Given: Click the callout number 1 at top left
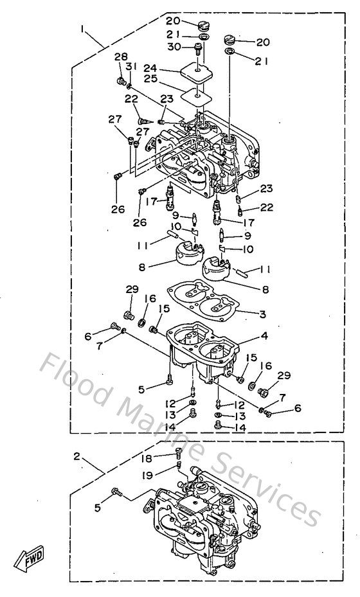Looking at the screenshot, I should (83, 28).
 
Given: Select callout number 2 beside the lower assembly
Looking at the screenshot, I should (76, 457).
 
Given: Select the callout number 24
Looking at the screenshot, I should (151, 68).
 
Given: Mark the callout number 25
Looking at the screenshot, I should (151, 80).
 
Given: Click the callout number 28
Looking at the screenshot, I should (121, 58).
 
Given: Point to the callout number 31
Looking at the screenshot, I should (131, 67).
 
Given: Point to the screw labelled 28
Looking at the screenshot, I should (119, 81).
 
